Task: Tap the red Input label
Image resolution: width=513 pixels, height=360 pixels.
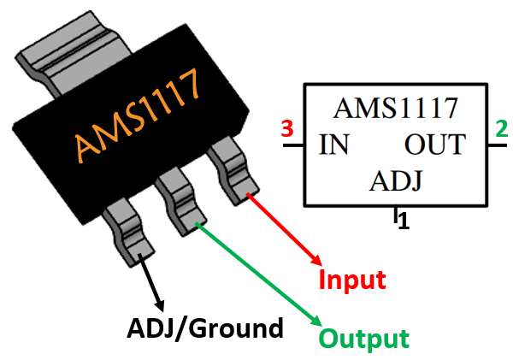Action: click(x=352, y=280)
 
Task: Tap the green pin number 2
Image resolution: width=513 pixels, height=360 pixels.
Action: click(x=500, y=131)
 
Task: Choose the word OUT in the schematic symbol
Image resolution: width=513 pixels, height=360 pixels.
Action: click(x=435, y=145)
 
